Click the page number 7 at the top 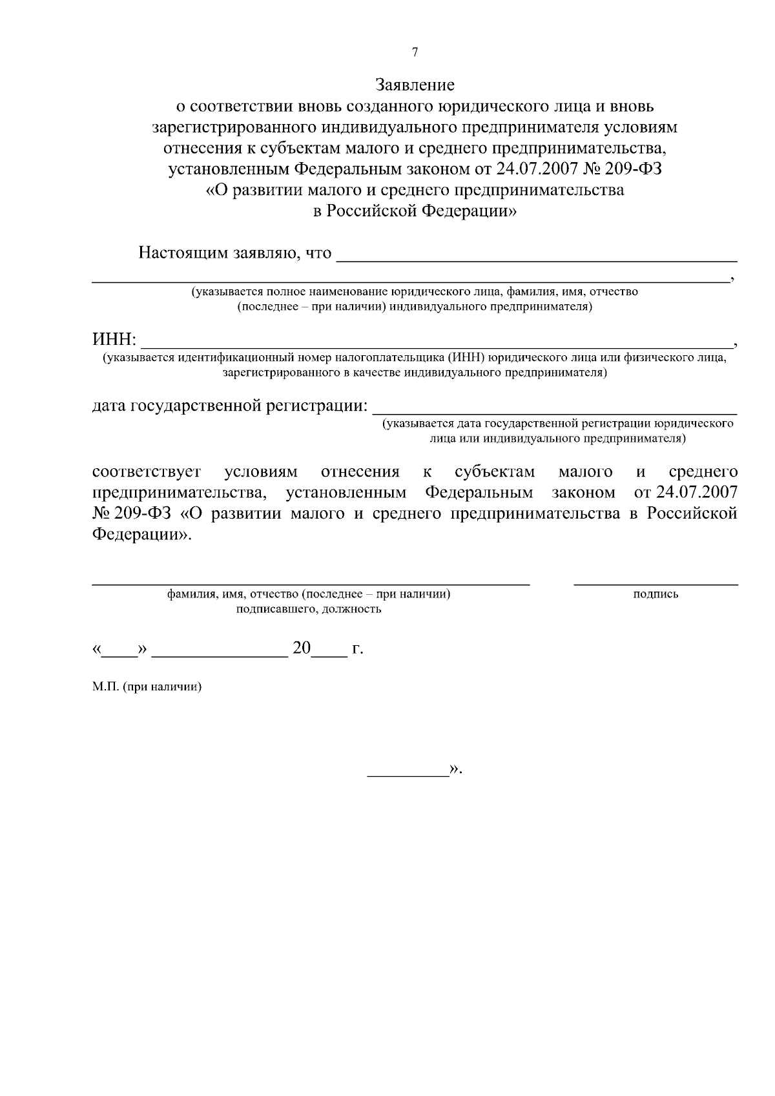click(415, 53)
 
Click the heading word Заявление click(415, 85)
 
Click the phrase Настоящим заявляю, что click(235, 253)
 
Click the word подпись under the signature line click(656, 594)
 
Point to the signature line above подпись click(656, 584)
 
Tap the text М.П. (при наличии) click(147, 687)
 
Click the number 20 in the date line click(302, 648)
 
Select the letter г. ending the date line click(358, 648)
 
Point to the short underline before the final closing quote click(408, 773)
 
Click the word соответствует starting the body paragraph click(147, 471)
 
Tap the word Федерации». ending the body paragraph click(141, 535)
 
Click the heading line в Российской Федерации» click(415, 212)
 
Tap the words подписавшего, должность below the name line click(309, 609)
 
